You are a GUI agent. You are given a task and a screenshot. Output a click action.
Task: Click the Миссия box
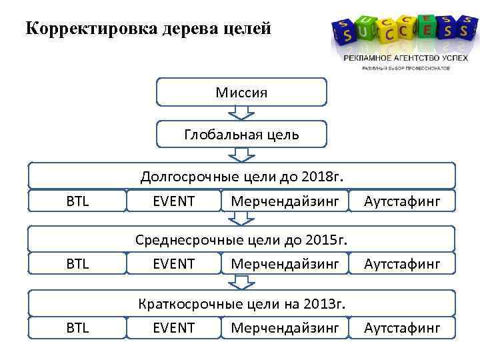[241, 92]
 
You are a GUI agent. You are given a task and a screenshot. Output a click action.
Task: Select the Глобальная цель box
[241, 134]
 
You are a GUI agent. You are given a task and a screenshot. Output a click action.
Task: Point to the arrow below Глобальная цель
[241, 155]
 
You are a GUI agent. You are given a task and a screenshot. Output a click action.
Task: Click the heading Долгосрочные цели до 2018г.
[241, 177]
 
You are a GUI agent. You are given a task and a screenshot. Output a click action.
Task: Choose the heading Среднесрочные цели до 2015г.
[241, 239]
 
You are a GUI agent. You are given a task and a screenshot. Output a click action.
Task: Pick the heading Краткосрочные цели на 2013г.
[241, 304]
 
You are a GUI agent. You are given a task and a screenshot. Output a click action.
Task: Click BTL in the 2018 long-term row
[77, 200]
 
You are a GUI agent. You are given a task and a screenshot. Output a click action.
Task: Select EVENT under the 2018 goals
[173, 200]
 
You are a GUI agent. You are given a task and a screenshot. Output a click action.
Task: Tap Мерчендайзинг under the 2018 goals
[285, 200]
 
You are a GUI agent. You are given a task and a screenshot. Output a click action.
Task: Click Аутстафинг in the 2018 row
[402, 200]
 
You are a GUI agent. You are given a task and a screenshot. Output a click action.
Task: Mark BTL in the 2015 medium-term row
[77, 263]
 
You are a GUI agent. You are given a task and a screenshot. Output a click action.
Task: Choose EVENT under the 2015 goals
[173, 263]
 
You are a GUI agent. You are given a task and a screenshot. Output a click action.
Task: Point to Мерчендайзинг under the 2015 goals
[285, 263]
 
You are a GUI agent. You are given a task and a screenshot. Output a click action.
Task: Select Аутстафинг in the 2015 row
[402, 263]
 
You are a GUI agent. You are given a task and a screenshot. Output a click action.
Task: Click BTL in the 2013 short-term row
[77, 327]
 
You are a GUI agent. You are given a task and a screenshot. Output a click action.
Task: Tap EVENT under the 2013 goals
[173, 327]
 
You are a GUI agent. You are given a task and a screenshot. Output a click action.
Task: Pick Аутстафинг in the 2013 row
[402, 327]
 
